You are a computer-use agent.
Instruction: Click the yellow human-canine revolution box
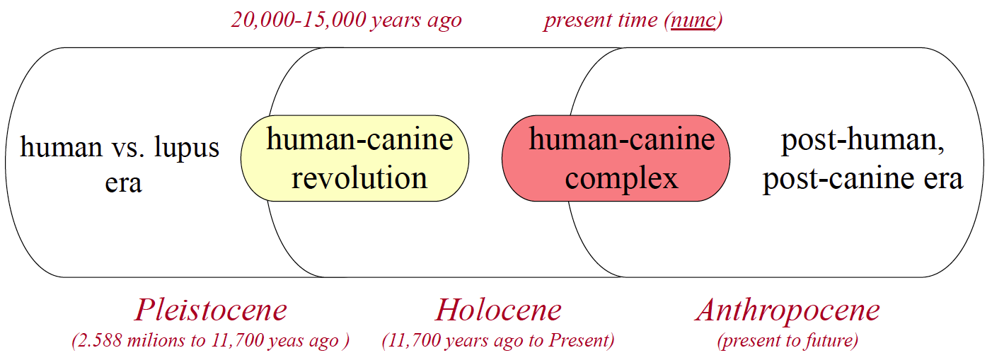354,158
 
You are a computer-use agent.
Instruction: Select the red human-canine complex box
616,158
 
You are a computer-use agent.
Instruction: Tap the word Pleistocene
211,310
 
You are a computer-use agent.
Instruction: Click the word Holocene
499,310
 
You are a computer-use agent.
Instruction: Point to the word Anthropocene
788,311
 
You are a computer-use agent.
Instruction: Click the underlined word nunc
693,21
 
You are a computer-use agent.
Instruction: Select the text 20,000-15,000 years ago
346,21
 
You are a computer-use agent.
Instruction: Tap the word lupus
187,148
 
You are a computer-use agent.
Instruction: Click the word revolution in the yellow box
359,178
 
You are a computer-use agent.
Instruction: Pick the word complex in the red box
621,180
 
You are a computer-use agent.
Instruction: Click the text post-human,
863,141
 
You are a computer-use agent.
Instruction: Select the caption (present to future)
788,340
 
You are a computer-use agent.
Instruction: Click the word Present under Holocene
579,340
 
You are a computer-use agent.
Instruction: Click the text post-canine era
863,180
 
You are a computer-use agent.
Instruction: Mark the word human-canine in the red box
622,139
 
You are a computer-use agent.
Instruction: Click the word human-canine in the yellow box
359,139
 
